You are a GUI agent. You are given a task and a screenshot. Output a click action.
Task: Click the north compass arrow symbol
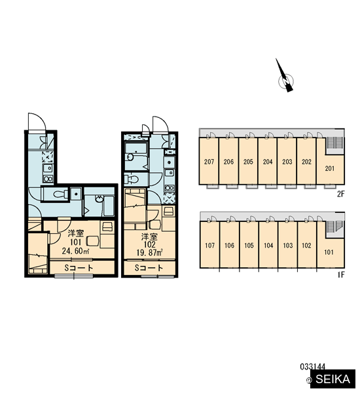[x=285, y=77]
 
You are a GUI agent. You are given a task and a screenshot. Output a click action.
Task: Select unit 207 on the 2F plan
[x=209, y=161]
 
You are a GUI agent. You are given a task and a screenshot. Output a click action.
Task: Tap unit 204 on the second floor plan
[x=268, y=161]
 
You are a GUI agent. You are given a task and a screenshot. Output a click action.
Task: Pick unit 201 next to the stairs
[x=330, y=168]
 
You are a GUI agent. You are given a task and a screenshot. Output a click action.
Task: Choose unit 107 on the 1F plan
[x=209, y=245]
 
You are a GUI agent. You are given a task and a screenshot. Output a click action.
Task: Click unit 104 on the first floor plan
[x=268, y=245]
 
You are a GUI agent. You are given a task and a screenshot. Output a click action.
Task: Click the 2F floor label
[x=341, y=194]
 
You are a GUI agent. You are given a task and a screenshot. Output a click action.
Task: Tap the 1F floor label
[x=341, y=275]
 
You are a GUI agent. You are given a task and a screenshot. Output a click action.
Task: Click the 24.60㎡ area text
[x=76, y=251]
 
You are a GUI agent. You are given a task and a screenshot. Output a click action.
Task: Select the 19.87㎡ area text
[x=149, y=252]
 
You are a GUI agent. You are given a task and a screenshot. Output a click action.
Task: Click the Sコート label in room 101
[x=79, y=268]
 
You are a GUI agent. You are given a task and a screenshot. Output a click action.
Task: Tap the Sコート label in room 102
[x=149, y=268]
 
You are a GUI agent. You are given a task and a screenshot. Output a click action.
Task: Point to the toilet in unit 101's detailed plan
[x=60, y=194]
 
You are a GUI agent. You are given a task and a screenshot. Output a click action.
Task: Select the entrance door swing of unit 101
[x=37, y=122]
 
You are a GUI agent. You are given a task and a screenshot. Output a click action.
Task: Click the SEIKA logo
[x=333, y=379]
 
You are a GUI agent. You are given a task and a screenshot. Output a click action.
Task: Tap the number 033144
[x=313, y=367]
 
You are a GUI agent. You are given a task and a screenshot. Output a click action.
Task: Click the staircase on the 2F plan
[x=334, y=143]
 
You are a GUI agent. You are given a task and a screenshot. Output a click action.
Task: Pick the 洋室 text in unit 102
[x=149, y=236]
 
